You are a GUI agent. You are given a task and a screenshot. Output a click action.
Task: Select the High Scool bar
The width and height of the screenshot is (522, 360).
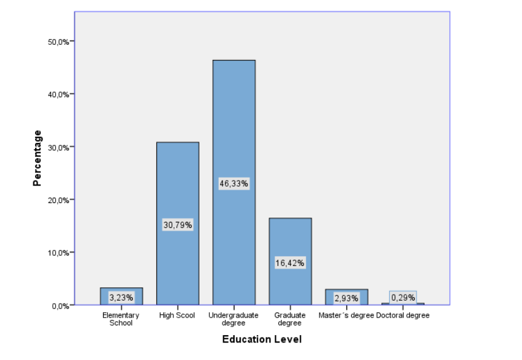(x=178, y=182)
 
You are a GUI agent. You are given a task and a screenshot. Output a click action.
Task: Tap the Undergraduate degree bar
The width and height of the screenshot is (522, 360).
(x=233, y=121)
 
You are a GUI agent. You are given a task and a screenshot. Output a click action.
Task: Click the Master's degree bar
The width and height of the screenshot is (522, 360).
(x=347, y=292)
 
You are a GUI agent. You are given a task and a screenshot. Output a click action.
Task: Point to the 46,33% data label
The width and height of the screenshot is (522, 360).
(x=233, y=184)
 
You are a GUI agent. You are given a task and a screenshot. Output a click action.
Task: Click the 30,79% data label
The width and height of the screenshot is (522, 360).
(x=178, y=225)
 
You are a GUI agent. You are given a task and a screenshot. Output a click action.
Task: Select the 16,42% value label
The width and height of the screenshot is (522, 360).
(x=290, y=263)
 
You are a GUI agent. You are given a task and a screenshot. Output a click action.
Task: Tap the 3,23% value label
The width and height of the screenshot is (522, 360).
(x=121, y=298)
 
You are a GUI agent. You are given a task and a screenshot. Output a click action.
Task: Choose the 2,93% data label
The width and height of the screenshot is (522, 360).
(x=347, y=298)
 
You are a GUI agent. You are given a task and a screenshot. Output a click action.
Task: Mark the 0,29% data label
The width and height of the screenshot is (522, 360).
(x=403, y=297)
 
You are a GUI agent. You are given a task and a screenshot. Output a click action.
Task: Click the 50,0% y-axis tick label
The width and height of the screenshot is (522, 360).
(x=59, y=41)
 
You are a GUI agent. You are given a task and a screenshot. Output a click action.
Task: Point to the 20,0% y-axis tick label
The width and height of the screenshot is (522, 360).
(x=59, y=199)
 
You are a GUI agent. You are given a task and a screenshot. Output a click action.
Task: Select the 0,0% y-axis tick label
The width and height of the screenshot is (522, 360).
(x=60, y=305)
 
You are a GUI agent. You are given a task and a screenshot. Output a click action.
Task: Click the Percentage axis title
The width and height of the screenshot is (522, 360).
(x=38, y=158)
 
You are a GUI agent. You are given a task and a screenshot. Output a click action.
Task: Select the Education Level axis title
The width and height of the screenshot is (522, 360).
(x=262, y=339)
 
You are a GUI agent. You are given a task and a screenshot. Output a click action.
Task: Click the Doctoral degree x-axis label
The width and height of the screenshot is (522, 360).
(x=403, y=315)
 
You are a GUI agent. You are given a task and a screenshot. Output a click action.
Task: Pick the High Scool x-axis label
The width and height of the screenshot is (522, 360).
(x=177, y=315)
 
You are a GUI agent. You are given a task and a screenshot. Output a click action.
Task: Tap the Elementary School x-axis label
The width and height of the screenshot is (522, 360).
(x=121, y=319)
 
